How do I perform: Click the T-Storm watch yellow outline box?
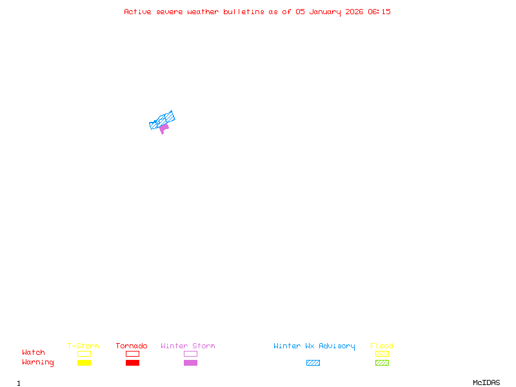84,353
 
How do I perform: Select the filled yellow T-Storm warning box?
84,363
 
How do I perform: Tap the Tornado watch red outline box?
132,353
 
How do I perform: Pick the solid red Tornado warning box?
132,363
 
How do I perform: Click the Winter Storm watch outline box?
190,353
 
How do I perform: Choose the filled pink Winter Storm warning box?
190,363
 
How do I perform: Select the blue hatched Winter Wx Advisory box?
313,363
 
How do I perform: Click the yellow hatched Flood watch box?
382,353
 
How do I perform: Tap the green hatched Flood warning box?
382,363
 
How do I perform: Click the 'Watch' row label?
34,353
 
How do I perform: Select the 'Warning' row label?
37,362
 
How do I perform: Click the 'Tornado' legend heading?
132,346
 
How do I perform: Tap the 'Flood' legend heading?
382,346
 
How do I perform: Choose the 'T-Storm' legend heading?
83,346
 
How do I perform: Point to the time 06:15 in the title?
379,12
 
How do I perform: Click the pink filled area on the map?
164,128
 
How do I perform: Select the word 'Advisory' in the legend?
337,346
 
